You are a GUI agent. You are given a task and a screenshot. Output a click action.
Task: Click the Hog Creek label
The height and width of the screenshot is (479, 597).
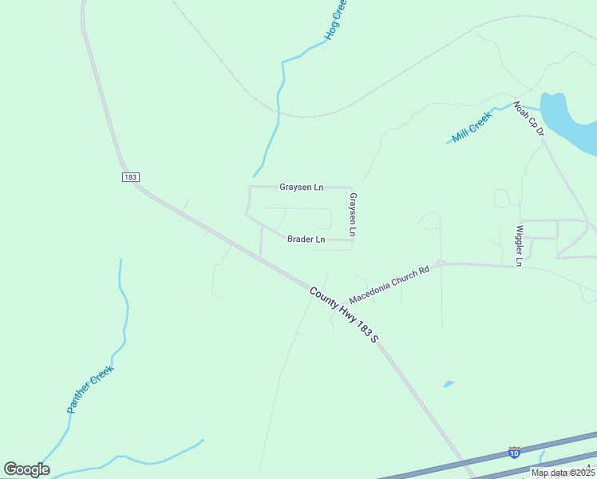(x=336, y=21)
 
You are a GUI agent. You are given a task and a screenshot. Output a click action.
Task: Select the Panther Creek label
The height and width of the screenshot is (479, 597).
(x=90, y=389)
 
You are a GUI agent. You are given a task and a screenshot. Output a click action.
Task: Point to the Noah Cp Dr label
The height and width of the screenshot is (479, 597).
(x=528, y=117)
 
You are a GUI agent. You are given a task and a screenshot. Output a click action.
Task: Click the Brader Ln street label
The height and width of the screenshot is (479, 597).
(x=306, y=239)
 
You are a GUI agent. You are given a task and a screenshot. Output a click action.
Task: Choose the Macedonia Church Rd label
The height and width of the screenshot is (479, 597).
(x=389, y=284)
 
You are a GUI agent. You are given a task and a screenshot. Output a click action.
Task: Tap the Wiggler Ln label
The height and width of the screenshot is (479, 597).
(x=519, y=245)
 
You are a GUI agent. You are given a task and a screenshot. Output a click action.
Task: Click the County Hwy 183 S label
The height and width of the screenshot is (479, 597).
(x=343, y=315)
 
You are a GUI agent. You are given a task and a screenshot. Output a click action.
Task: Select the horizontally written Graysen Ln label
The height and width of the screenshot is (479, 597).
(x=301, y=188)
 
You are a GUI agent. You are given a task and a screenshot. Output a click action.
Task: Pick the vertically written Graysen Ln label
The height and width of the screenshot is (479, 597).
(x=352, y=215)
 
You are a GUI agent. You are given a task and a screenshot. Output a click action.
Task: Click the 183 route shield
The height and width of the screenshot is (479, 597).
(x=131, y=176)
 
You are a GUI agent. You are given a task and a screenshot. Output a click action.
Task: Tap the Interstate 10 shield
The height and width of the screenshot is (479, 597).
(x=514, y=453)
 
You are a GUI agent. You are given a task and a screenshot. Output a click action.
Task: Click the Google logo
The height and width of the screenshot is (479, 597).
(x=26, y=469)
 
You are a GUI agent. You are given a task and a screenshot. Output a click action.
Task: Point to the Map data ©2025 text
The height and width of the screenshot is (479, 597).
(x=563, y=473)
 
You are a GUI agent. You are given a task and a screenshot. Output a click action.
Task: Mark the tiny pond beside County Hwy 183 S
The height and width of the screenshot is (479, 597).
(x=449, y=384)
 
